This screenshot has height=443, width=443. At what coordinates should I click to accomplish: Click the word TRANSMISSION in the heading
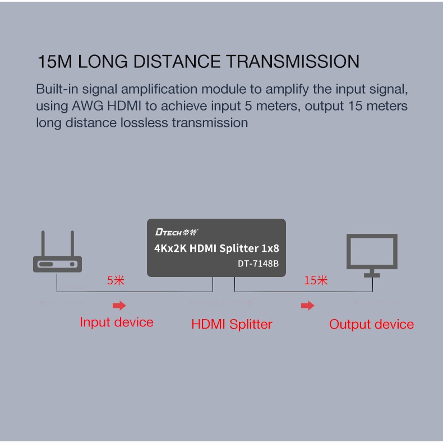point(292,61)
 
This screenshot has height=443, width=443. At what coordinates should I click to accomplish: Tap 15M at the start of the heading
point(55,61)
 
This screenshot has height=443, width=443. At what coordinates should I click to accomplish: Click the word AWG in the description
point(87,106)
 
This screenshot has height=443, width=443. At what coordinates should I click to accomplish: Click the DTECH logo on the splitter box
point(177,232)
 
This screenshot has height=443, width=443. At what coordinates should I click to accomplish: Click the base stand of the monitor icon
point(372,274)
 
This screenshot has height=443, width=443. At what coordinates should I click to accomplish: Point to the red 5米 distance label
point(116,280)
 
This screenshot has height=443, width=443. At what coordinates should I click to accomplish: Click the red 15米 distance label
point(316,280)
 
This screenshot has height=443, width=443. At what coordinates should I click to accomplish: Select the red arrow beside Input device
point(119,306)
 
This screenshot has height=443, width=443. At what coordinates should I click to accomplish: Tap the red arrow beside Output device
point(307,306)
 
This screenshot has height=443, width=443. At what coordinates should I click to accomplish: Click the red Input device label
point(116,322)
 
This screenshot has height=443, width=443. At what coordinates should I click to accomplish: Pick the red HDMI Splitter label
point(232,324)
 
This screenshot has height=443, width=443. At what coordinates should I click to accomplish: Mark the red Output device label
point(371,324)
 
